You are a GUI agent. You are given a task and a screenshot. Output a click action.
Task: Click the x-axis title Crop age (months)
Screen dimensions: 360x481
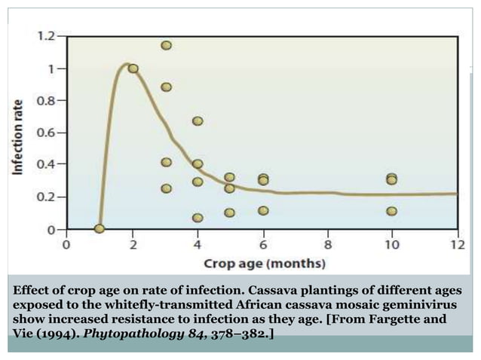tap(265, 264)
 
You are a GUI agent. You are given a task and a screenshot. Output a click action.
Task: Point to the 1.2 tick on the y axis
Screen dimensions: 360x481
tap(47, 35)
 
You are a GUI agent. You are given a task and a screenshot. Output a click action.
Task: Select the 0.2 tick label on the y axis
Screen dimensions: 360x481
tap(47, 197)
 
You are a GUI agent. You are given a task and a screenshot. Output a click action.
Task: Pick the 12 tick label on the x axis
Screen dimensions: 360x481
tap(458, 245)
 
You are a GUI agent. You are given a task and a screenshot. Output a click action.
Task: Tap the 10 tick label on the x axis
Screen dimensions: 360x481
tap(392, 245)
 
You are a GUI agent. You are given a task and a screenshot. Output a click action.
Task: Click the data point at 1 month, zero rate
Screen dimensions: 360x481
tap(100, 228)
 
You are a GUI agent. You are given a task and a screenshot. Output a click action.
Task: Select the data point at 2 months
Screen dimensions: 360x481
tap(133, 69)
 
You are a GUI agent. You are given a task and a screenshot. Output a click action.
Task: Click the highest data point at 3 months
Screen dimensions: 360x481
tap(166, 45)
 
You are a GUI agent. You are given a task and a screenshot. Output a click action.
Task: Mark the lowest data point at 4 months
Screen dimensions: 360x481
tap(198, 218)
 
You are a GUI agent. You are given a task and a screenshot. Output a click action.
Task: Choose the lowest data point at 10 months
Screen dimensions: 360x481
tap(392, 211)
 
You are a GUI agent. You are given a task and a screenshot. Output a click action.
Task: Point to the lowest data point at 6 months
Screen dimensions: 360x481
tap(263, 211)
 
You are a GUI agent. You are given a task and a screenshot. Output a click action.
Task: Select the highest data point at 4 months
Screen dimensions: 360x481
tap(198, 121)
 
